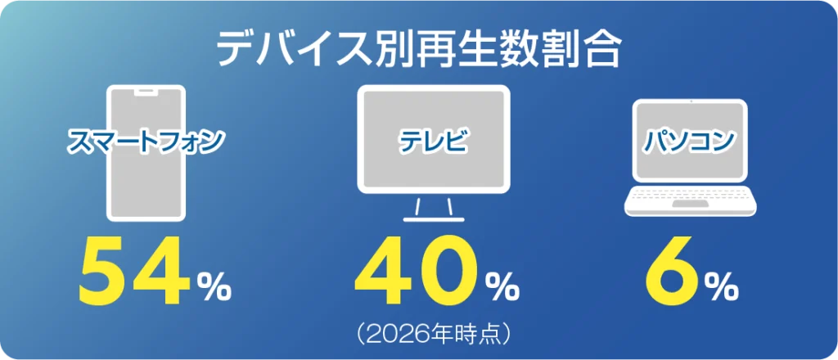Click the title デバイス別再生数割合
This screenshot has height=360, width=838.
coord(419,50)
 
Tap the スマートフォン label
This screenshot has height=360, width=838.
coord(145,142)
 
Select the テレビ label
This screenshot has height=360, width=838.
coord(434,142)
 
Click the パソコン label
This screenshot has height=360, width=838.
coord(690,141)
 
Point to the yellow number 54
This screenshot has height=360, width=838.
coord(134,271)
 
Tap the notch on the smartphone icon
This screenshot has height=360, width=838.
coord(146,92)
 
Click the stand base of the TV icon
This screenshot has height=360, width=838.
coord(434,219)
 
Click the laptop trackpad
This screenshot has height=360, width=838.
coord(690,204)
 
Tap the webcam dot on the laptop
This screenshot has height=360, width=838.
coord(690,101)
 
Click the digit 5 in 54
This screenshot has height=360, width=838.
coord(104,272)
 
